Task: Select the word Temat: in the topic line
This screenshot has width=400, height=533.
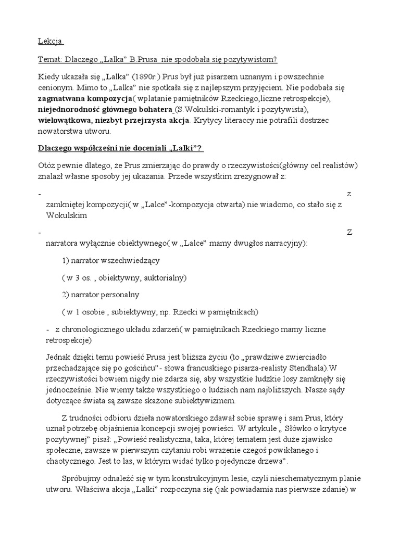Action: [x=52, y=59]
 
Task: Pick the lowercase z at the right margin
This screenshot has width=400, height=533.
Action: [x=349, y=194]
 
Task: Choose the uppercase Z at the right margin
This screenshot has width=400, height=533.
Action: [x=349, y=232]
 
